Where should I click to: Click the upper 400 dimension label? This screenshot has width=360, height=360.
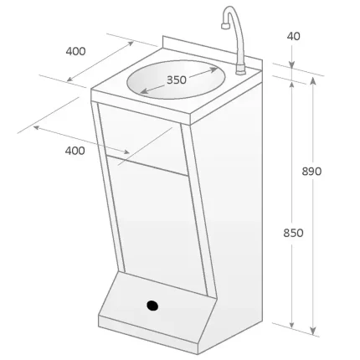click(x=75, y=51)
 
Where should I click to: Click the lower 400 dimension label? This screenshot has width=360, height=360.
click(x=74, y=150)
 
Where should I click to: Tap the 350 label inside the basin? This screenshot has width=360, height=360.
click(x=176, y=80)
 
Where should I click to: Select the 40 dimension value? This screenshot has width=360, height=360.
click(x=293, y=36)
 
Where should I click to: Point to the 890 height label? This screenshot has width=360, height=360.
click(x=311, y=171)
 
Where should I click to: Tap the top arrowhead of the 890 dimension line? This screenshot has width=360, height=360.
click(x=313, y=79)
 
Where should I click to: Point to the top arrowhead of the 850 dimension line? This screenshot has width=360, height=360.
click(x=291, y=84)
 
